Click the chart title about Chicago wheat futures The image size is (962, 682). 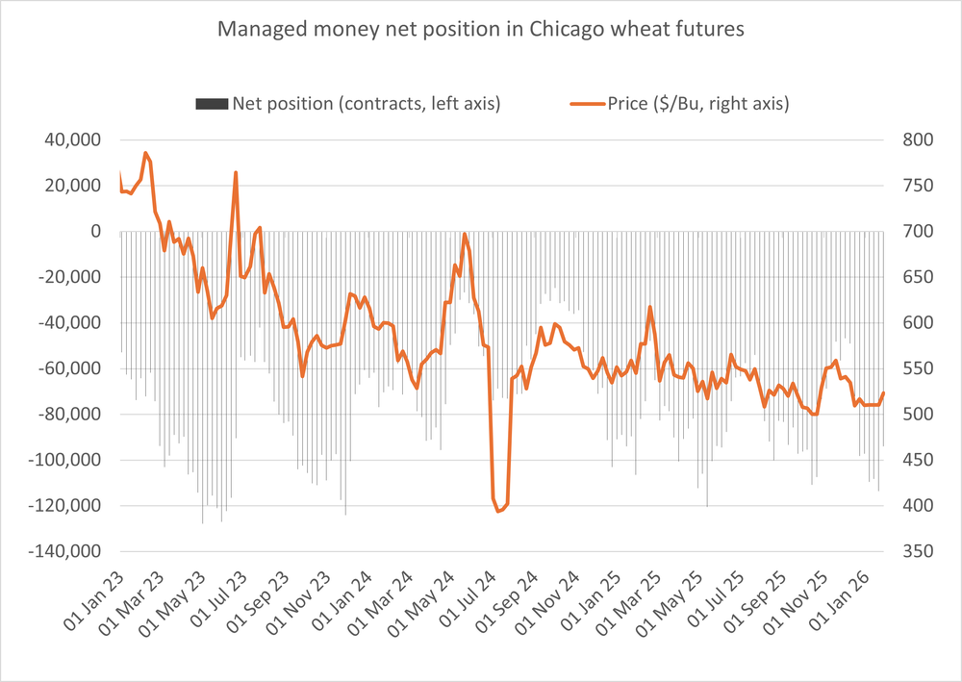coord(480,30)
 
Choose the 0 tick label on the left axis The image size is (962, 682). coord(95,232)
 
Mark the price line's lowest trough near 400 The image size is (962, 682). coord(498,511)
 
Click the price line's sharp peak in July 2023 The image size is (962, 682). coord(236,173)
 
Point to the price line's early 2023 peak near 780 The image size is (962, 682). coord(145,153)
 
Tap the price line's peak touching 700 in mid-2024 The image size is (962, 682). coord(465,234)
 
